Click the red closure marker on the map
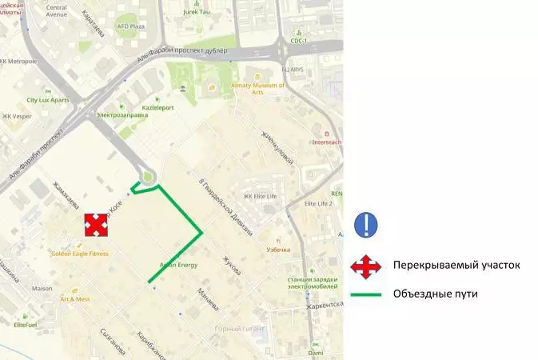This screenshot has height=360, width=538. (96, 226)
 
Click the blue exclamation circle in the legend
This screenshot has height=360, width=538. (366, 223)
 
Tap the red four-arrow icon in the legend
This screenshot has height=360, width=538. (366, 266)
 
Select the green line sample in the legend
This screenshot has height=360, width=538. (366, 294)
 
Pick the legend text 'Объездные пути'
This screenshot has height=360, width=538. (435, 294)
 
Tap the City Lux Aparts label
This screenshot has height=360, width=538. (48, 100)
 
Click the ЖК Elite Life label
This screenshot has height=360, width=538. (260, 196)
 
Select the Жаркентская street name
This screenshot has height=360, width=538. (324, 306)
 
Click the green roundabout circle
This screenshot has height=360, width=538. (147, 177)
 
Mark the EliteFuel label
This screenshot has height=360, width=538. (26, 325)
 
